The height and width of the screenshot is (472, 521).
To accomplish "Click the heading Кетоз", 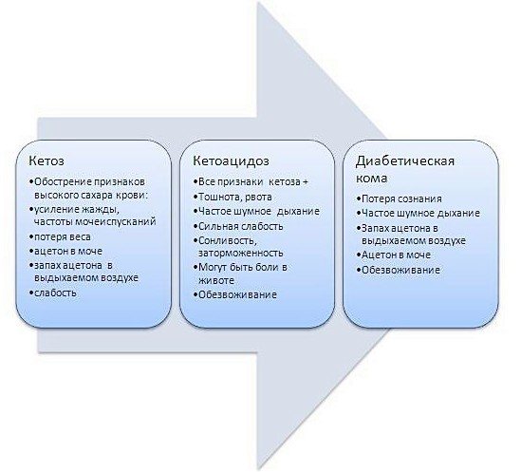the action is click(47, 160).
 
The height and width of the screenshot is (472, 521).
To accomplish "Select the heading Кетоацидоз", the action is click(231, 160).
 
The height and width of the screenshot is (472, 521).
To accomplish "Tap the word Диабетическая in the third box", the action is click(405, 161).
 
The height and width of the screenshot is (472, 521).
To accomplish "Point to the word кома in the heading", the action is click(371, 179).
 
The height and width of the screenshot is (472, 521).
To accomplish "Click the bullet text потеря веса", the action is click(63, 236).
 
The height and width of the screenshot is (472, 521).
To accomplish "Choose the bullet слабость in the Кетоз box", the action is click(55, 293).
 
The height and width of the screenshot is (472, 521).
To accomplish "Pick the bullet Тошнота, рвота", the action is click(235, 197).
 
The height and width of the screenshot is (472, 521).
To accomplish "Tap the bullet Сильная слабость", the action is click(240, 226).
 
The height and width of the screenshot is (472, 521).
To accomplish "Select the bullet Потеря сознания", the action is click(401, 198).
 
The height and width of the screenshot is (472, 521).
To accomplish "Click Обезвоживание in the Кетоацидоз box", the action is click(237, 294).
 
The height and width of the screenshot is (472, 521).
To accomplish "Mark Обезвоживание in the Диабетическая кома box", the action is click(400, 270).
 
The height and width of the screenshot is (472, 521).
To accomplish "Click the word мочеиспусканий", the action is click(116, 221).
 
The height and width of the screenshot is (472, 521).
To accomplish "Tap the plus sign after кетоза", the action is click(305, 182).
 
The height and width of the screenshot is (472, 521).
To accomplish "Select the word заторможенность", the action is click(240, 253).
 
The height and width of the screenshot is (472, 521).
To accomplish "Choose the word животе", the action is click(216, 280).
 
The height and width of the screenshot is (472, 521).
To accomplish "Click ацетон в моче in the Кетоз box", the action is click(68, 251).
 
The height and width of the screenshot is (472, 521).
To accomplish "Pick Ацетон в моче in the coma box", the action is click(396, 255).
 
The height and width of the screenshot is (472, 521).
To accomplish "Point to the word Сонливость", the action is click(228, 240).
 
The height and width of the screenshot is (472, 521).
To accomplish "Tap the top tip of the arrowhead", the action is click(257, 2).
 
